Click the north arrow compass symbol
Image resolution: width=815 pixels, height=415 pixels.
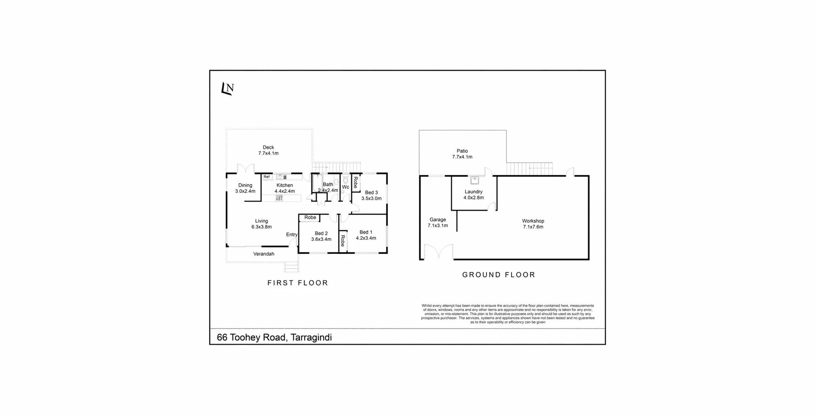pos(228,88)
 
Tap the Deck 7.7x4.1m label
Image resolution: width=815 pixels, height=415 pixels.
pos(268,151)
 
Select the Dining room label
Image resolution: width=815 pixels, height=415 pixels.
pos(245,188)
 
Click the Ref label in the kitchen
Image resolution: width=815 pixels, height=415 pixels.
pos(267,177)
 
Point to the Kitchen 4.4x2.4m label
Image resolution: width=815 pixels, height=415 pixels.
pos(284,188)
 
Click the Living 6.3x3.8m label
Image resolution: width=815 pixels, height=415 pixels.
pos(261,224)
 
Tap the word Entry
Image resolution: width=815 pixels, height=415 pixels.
pos(292,235)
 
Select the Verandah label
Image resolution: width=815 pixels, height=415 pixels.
pos(264,254)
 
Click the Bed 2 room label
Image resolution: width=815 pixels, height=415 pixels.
pos(321,236)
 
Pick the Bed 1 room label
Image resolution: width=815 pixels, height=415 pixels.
pos(366,235)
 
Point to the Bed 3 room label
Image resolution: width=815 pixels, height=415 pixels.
pos(371,195)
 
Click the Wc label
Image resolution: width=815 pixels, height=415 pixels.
pos(346,187)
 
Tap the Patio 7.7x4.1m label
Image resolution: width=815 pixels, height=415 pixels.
pos(462,154)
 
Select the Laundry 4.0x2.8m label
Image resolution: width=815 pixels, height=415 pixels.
pos(473,194)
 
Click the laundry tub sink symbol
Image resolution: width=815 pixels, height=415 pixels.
pos(475,180)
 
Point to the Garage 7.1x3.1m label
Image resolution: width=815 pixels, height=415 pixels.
pos(438,222)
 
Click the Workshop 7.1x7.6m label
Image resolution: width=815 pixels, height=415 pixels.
pos(533,224)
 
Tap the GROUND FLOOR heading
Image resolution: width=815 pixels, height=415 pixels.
pos(499,275)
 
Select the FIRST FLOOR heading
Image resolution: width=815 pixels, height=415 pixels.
pos(298,283)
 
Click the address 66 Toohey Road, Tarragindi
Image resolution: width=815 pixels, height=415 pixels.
pos(274,337)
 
